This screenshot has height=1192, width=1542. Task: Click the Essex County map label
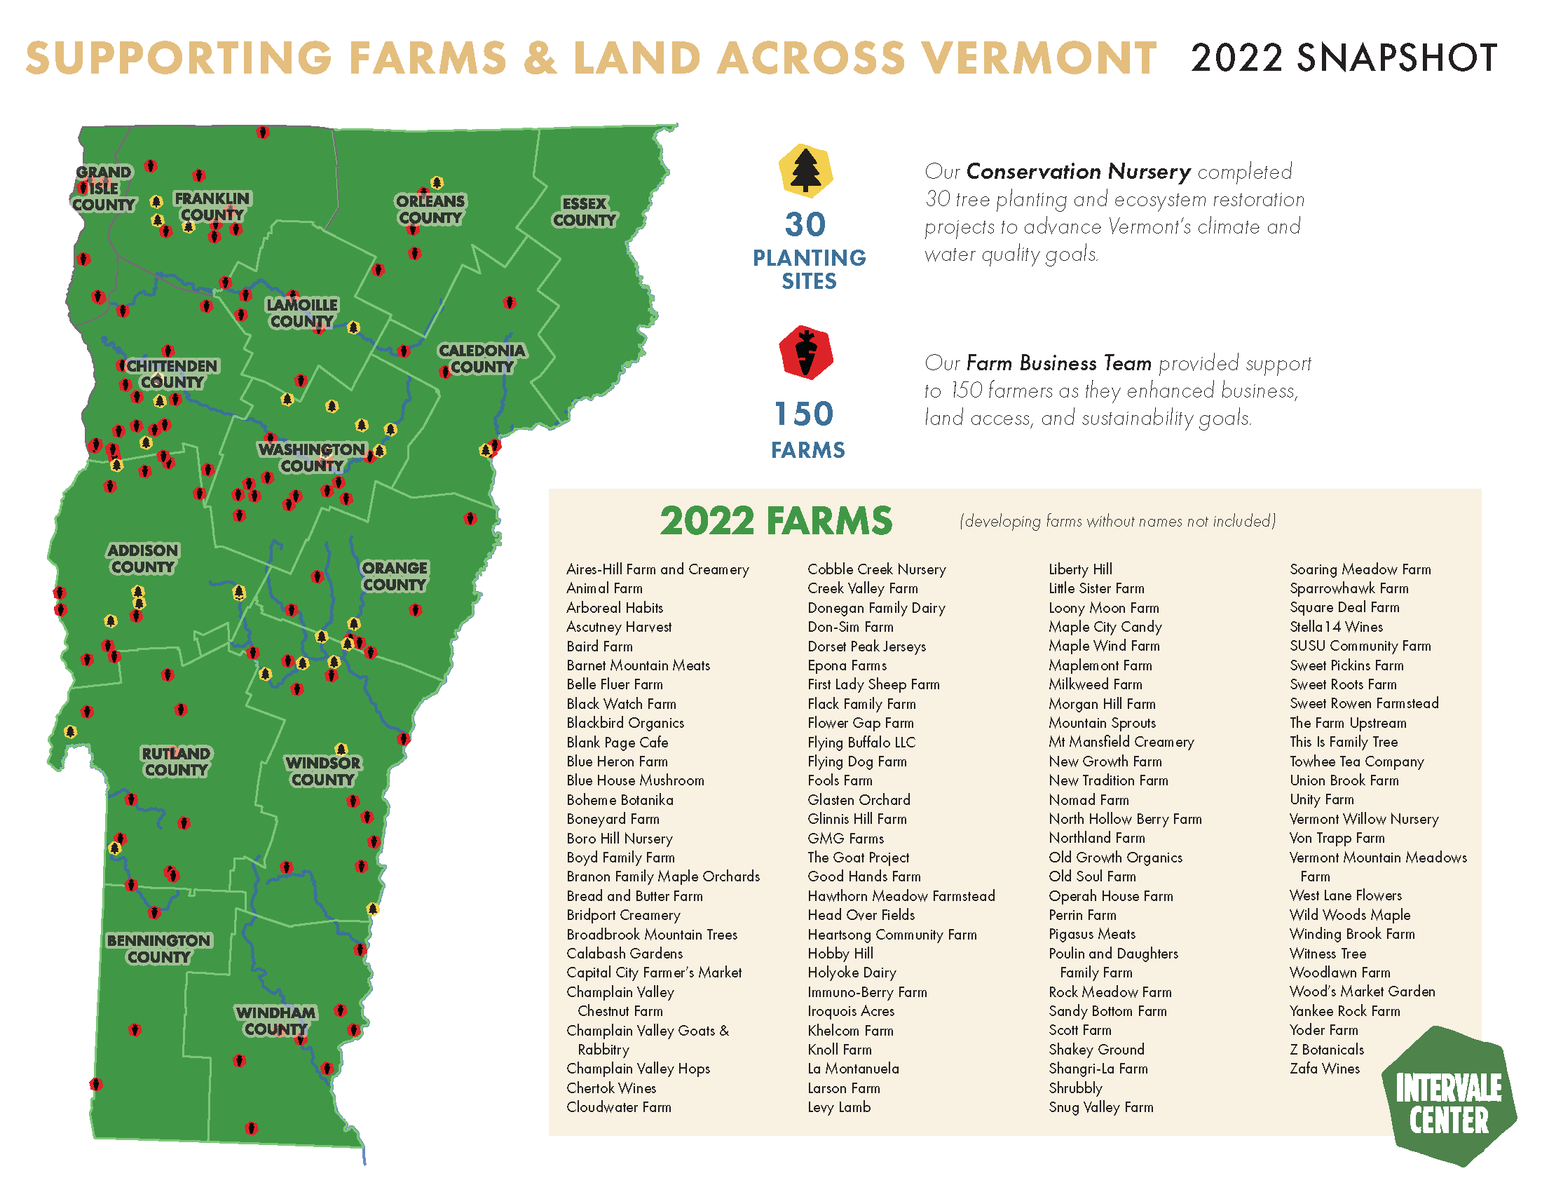point(585,212)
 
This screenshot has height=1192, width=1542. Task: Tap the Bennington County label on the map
point(159,949)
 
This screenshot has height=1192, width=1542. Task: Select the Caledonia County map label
point(482,359)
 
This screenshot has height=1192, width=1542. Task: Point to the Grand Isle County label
point(103,189)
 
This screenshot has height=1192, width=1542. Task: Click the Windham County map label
point(276,1020)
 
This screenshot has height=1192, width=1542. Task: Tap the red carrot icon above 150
point(805,353)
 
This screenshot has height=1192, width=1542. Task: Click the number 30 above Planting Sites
point(805,225)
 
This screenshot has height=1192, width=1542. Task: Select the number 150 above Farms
point(804,414)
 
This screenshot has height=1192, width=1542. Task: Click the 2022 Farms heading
point(776,521)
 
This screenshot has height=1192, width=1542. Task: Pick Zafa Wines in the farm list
point(1325,1069)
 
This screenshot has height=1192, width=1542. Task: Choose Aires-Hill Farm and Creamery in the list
point(657,569)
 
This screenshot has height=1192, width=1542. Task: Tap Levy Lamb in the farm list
point(839,1107)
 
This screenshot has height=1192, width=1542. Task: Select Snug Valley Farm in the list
point(1100,1107)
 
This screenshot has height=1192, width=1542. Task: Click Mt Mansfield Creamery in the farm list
point(1121,742)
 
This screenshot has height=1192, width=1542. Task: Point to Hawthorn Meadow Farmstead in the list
point(901,896)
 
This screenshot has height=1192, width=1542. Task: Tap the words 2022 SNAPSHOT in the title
point(1344,58)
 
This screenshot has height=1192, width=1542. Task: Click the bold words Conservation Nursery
point(1078,172)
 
